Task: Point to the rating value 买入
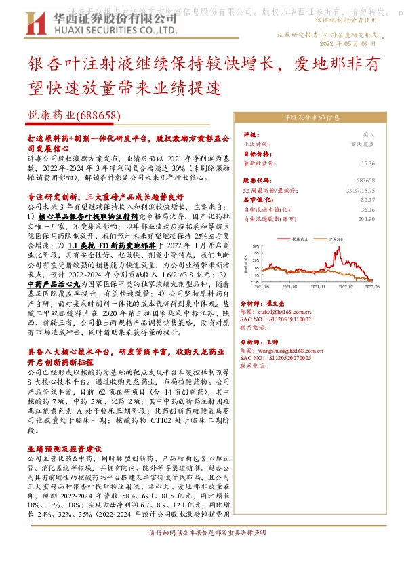367,135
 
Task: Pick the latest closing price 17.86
367,163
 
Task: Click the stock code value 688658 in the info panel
364,181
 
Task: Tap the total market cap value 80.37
367,200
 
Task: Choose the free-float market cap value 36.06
367,210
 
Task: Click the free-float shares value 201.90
365,219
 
